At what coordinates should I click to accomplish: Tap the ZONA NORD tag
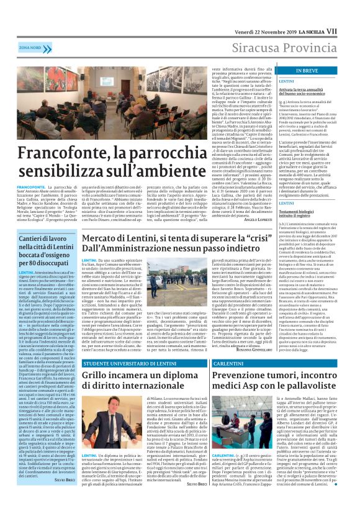25,47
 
